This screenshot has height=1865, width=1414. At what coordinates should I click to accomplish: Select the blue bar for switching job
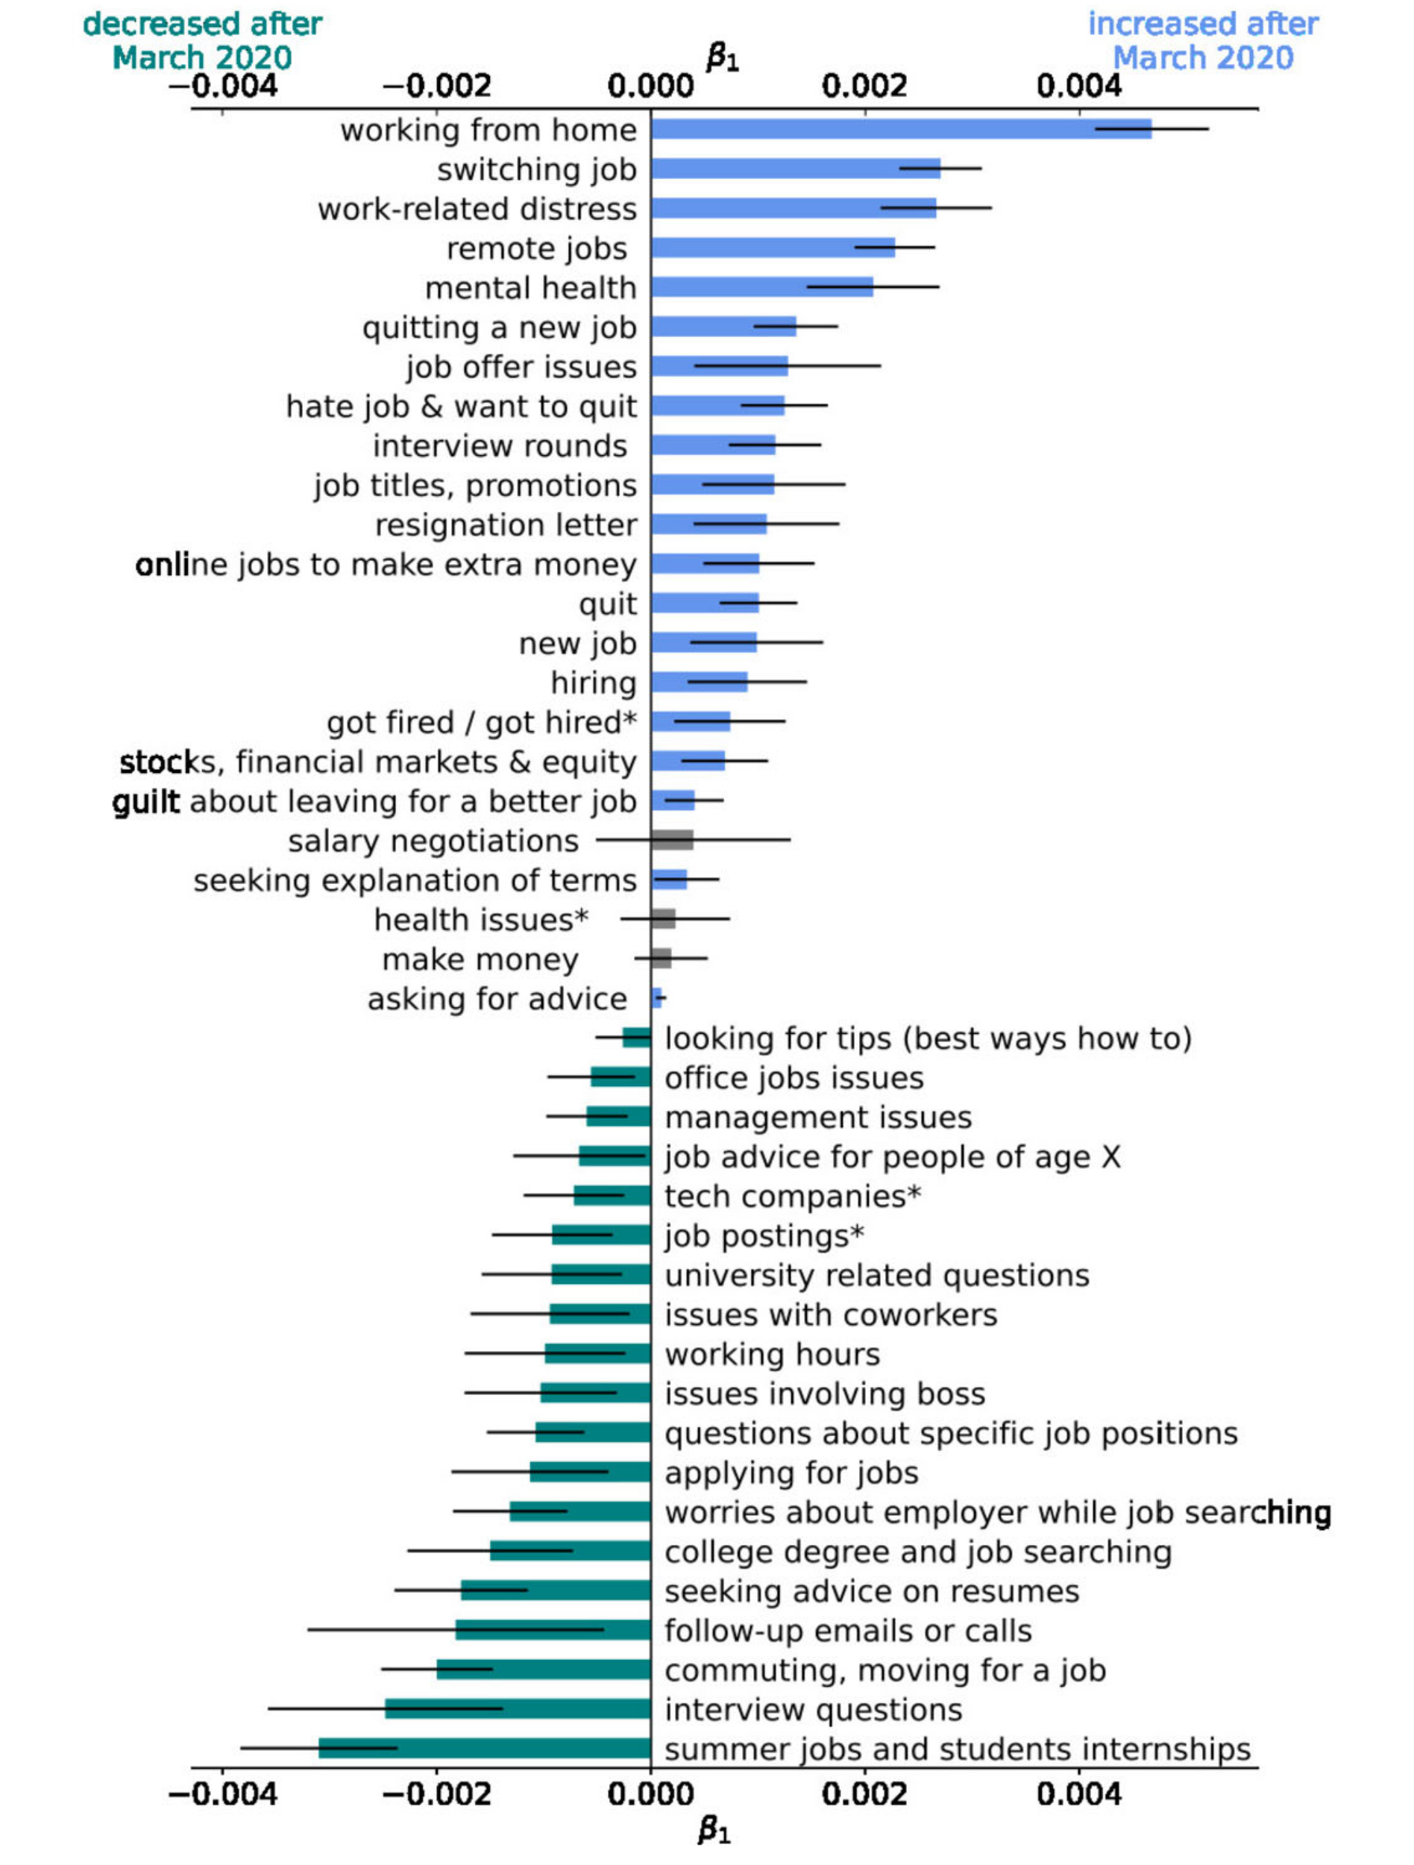[x=795, y=169]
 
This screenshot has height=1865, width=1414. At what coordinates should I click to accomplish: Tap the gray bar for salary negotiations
[x=672, y=840]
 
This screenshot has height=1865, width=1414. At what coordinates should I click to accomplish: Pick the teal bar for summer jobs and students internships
[x=485, y=1748]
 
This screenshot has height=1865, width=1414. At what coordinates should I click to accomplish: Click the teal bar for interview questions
[x=518, y=1708]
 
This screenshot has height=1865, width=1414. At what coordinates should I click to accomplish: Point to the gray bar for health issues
[x=662, y=918]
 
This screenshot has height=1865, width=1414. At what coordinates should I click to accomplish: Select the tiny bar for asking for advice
[x=656, y=997]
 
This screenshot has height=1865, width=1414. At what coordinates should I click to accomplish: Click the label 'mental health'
[x=530, y=289]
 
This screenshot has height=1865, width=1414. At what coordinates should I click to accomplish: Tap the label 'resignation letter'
[x=506, y=525]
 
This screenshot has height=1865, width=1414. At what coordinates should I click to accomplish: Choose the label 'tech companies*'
[x=792, y=1197]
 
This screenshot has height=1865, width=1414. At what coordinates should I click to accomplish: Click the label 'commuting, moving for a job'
[x=884, y=1670]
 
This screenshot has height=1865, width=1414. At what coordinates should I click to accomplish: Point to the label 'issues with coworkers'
[x=831, y=1314]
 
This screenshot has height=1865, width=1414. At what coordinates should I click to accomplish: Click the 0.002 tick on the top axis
[x=864, y=86]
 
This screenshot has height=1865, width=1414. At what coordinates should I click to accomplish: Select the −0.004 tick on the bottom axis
[x=222, y=1794]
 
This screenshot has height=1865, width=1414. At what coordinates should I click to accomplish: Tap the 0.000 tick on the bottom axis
[x=650, y=1794]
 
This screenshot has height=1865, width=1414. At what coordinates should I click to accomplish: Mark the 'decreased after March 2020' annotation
[x=202, y=40]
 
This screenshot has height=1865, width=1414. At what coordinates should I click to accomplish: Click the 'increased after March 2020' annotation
[x=1202, y=40]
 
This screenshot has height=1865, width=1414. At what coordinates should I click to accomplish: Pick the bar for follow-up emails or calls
[x=553, y=1630]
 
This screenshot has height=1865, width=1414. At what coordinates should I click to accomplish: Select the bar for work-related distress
[x=793, y=208]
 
